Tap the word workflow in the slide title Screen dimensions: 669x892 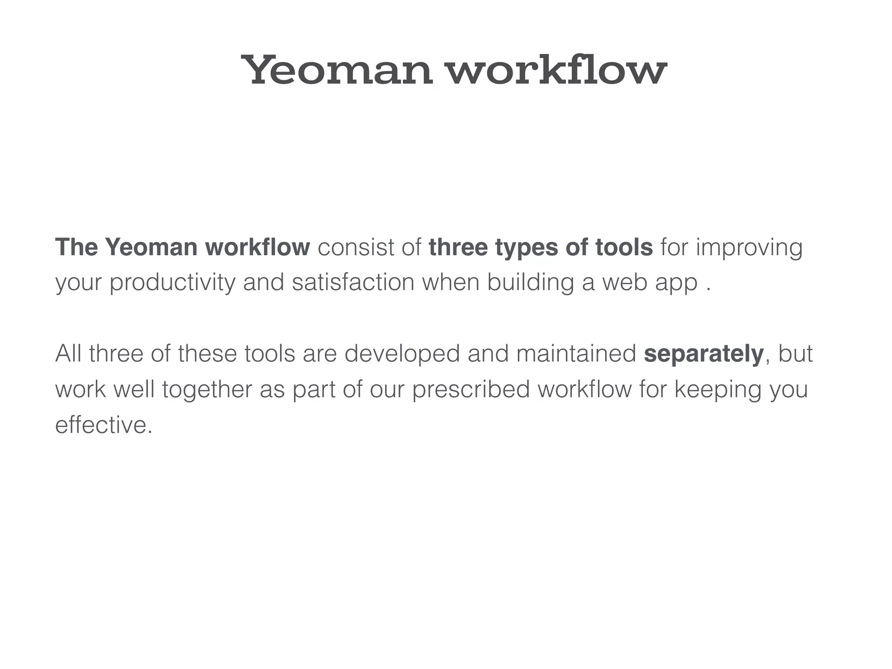pyautogui.click(x=557, y=70)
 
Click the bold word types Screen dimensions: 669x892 pyautogui.click(x=527, y=248)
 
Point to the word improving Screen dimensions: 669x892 pyautogui.click(x=749, y=248)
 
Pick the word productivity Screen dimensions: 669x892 pyautogui.click(x=172, y=283)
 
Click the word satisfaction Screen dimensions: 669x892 pyautogui.click(x=353, y=282)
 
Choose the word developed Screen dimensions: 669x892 pyautogui.click(x=402, y=354)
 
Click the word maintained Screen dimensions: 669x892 pyautogui.click(x=576, y=353)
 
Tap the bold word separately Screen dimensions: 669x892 pyautogui.click(x=703, y=354)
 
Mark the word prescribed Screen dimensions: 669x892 pyautogui.click(x=471, y=390)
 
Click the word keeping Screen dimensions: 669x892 pyautogui.click(x=718, y=390)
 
